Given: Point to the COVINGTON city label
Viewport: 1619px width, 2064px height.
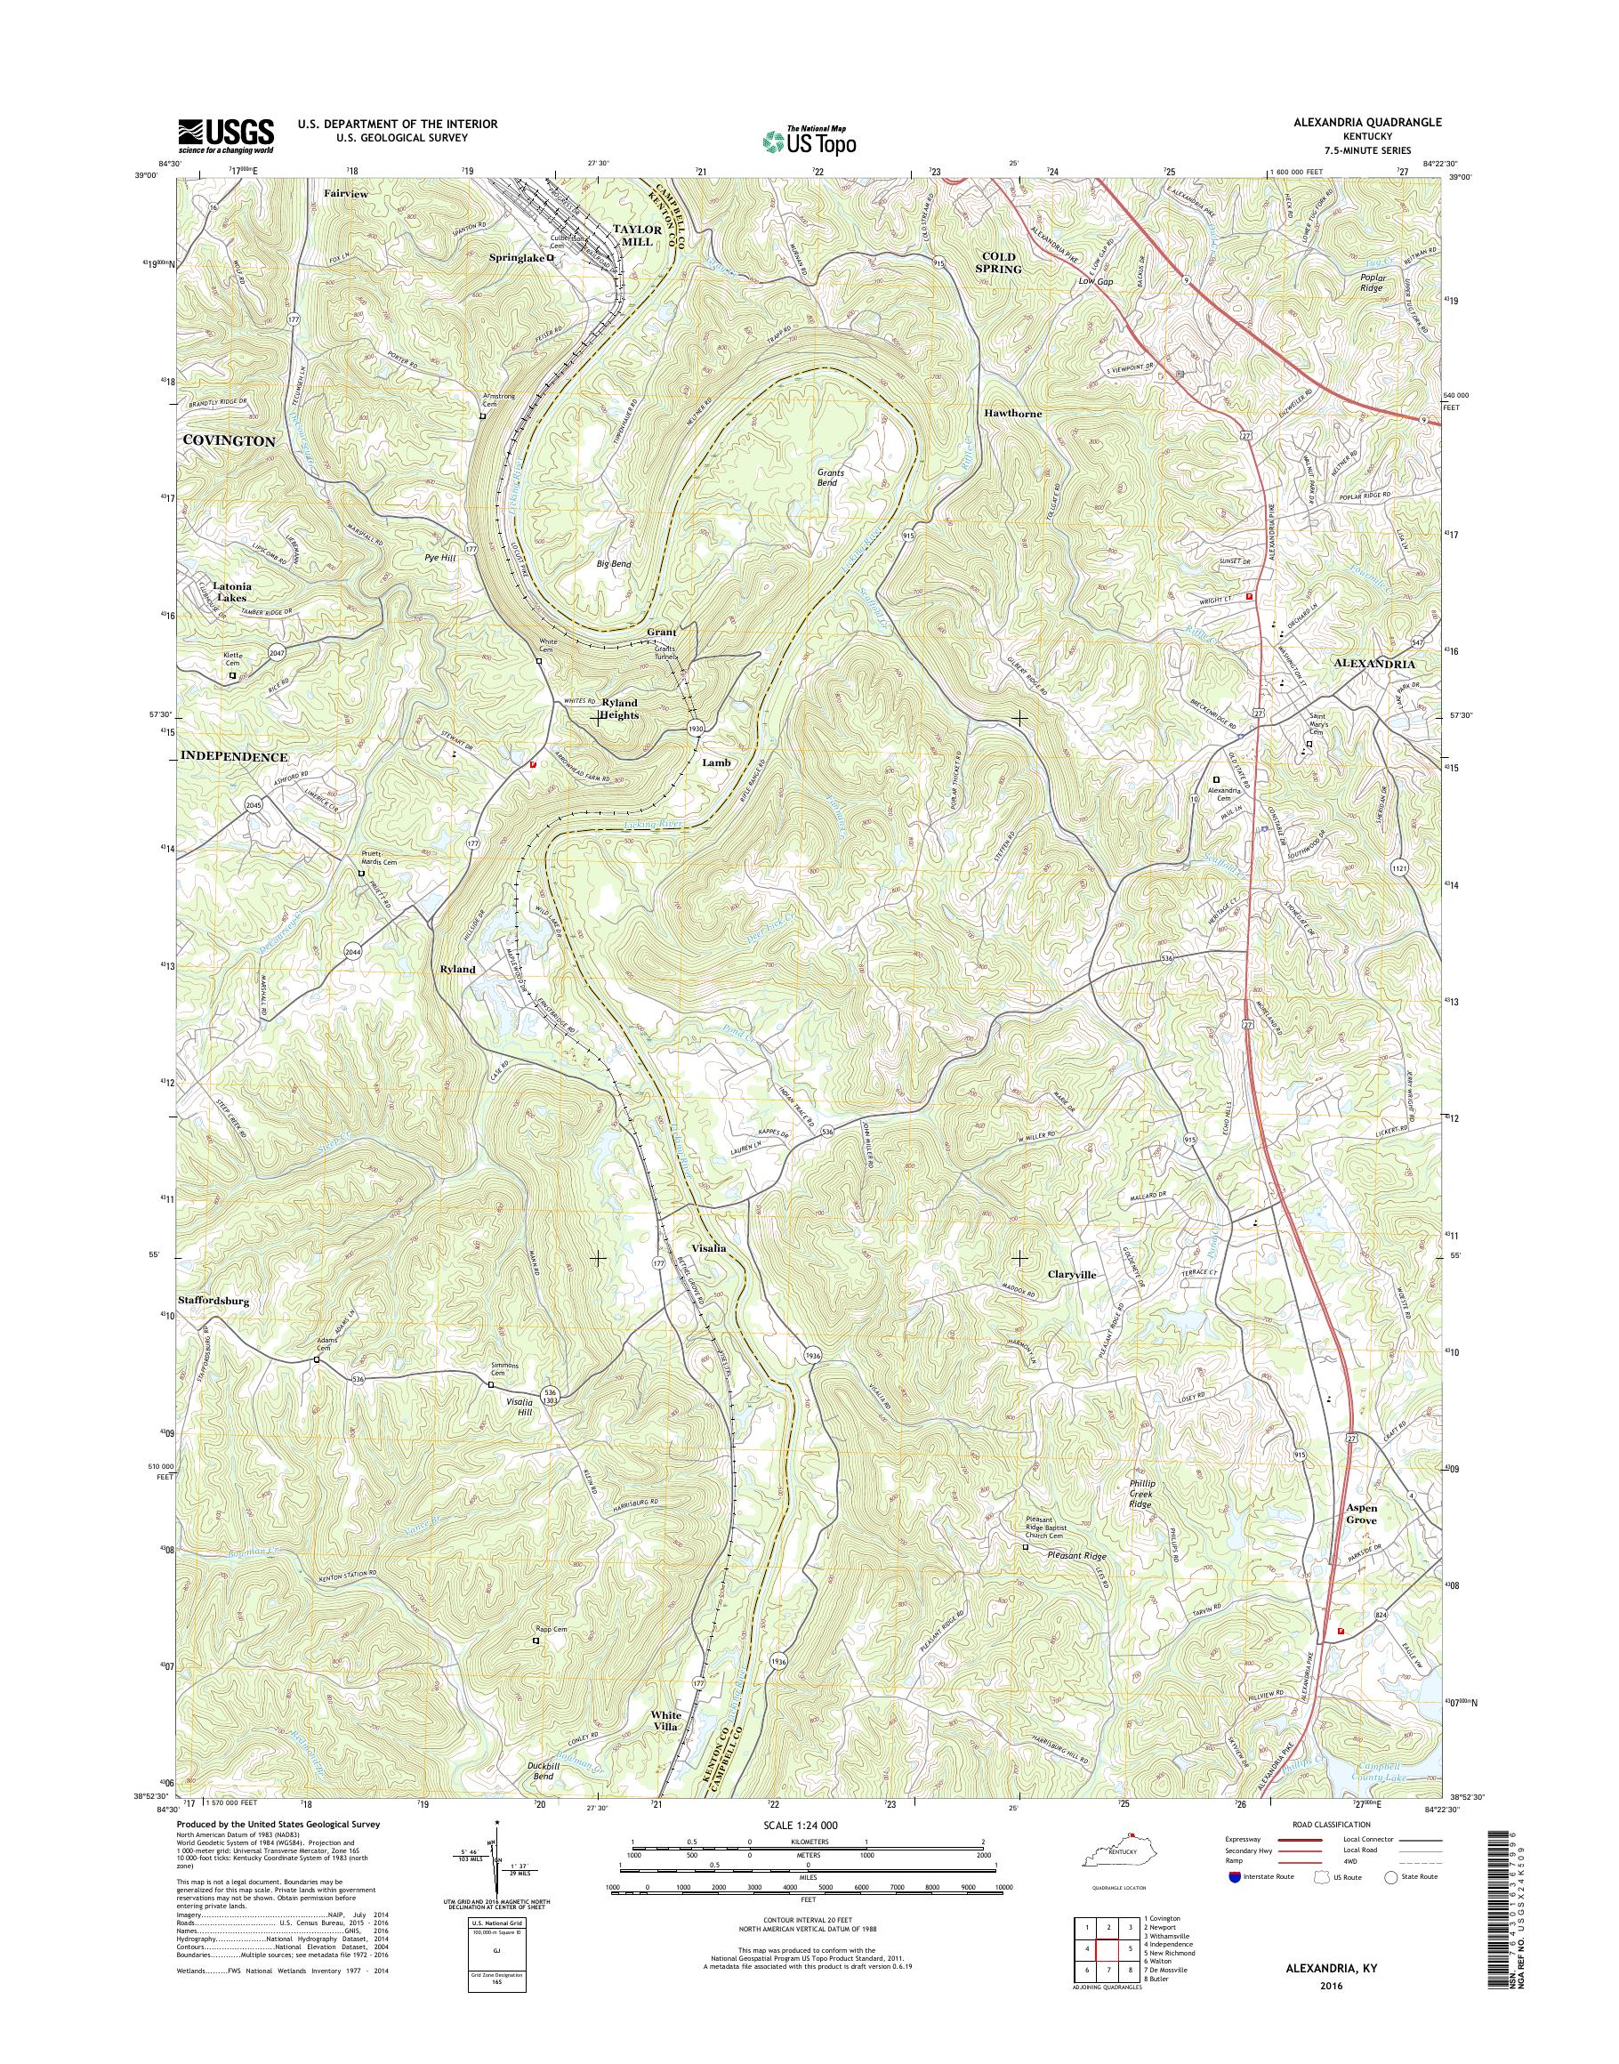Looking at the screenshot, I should [229, 442].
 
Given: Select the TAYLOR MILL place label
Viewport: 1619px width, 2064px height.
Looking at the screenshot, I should [632, 235].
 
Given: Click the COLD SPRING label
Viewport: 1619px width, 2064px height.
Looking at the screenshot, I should [998, 262].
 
